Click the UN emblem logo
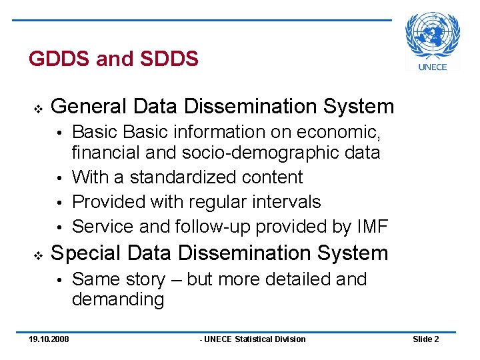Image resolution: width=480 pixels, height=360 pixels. (x=433, y=35)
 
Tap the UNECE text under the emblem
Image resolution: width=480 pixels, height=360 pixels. (x=433, y=66)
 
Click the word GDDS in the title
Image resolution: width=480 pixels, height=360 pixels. (x=59, y=59)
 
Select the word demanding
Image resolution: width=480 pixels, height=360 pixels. (x=118, y=299)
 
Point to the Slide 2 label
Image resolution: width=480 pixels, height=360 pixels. (x=425, y=339)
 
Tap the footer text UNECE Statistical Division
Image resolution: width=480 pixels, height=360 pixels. (x=254, y=339)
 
